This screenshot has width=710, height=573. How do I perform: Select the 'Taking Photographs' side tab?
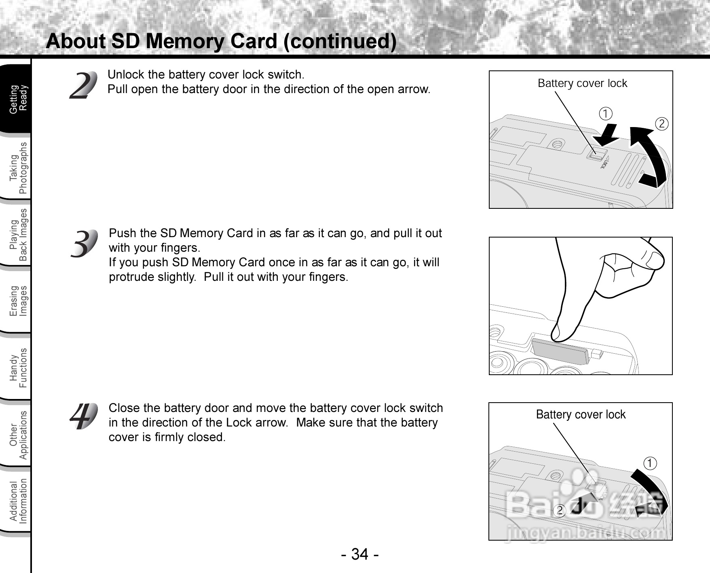18,168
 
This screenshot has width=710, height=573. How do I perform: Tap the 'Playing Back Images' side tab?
18,235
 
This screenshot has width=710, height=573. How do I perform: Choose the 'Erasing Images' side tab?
18,301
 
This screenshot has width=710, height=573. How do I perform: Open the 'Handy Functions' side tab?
18,368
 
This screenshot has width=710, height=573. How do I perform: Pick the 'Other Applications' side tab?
18,435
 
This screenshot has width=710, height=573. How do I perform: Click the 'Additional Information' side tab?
18,501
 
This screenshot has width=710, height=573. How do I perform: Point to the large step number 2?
84,85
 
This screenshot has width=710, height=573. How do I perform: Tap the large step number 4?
84,416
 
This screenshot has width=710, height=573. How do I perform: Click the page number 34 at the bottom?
359,554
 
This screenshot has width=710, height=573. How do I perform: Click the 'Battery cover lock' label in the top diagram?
582,83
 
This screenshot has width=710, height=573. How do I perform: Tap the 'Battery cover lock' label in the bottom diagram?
581,415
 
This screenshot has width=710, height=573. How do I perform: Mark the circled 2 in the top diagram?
661,124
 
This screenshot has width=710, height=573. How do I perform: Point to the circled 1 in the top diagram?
605,114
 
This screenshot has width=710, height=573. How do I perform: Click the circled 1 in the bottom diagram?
650,463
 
